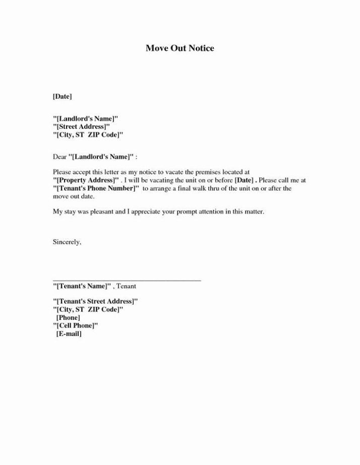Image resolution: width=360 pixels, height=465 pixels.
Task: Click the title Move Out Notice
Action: pyautogui.click(x=180, y=48)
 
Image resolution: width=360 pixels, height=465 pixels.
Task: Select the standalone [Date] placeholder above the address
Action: pyautogui.click(x=63, y=96)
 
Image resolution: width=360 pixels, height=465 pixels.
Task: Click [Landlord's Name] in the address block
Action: pyautogui.click(x=85, y=118)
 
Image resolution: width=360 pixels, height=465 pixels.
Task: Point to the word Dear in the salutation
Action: pyautogui.click(x=59, y=157)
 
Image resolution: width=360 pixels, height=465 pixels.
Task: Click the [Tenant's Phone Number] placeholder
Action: pyautogui.click(x=96, y=188)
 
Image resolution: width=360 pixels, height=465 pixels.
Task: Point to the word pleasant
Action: pyautogui.click(x=105, y=212)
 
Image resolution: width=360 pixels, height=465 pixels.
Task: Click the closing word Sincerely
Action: pyautogui.click(x=67, y=242)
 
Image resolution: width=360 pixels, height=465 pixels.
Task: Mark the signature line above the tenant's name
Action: pyautogui.click(x=127, y=280)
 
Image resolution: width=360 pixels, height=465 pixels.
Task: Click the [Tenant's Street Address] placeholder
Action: pyautogui.click(x=95, y=301)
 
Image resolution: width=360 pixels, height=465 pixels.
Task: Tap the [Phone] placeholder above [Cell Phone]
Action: pyautogui.click(x=68, y=317)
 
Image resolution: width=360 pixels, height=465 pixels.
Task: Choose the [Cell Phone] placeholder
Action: pyautogui.click(x=76, y=325)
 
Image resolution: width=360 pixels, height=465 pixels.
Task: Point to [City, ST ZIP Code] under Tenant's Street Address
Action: pyautogui.click(x=88, y=309)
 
